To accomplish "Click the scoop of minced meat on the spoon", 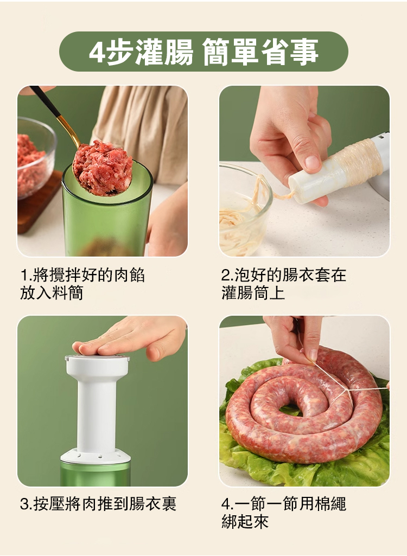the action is (103, 167).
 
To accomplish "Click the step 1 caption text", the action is (82, 284).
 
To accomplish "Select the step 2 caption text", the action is (283, 284).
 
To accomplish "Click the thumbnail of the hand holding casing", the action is (304, 171).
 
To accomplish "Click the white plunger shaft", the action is (96, 408).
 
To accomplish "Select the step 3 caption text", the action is (98, 504).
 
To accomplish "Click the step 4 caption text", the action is (283, 513).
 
